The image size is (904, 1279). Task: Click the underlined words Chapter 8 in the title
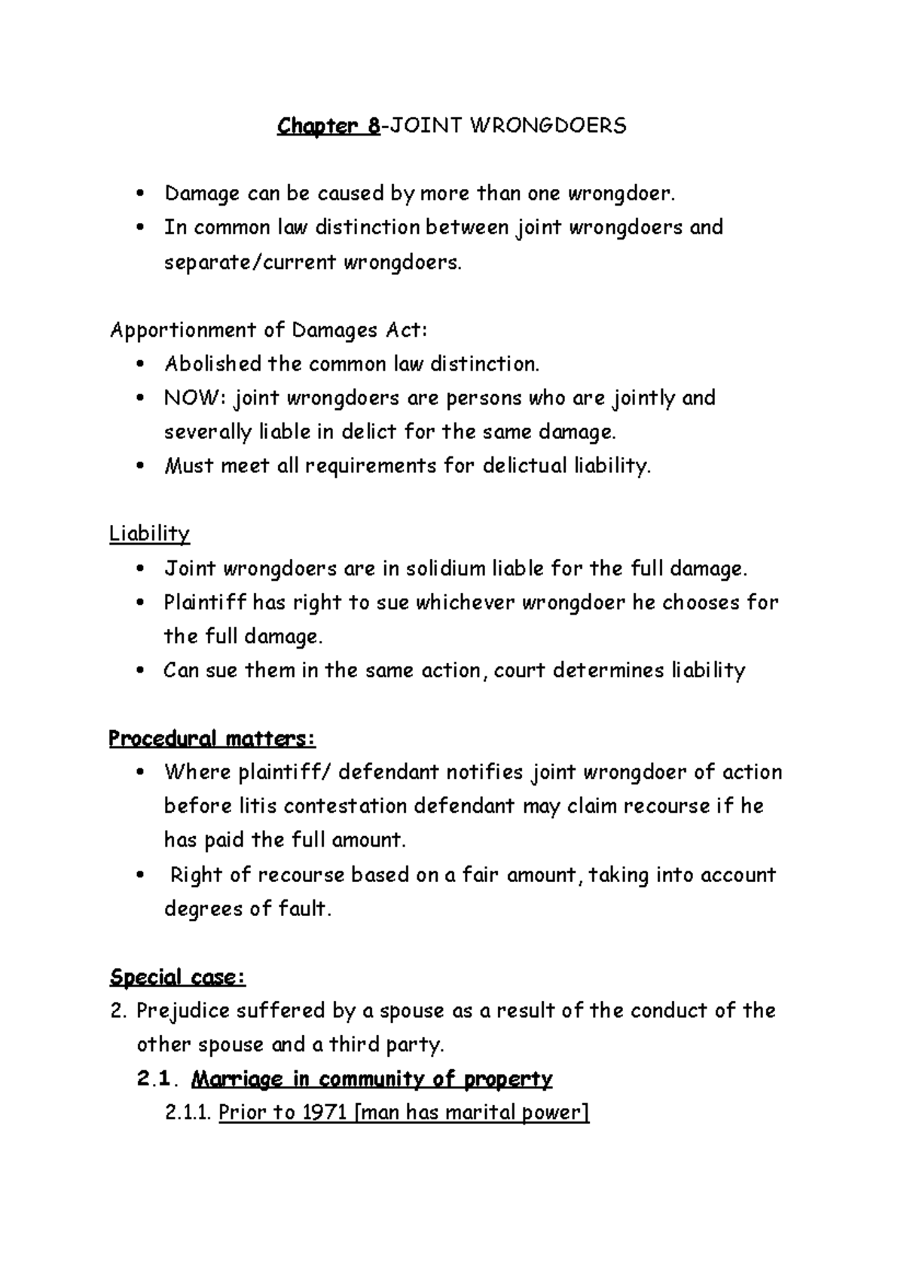point(328,126)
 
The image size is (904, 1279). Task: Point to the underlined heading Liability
point(149,534)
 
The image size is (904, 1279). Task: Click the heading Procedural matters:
point(212,739)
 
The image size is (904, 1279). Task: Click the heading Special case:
point(177,978)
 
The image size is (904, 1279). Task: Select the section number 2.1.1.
point(188,1113)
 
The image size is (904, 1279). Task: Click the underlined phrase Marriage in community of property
point(371,1079)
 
